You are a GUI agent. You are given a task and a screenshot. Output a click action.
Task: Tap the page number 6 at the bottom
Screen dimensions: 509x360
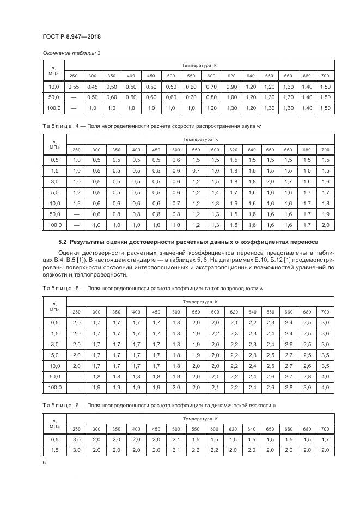click(x=43, y=463)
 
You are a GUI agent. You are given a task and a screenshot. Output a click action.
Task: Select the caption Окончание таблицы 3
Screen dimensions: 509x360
click(x=71, y=53)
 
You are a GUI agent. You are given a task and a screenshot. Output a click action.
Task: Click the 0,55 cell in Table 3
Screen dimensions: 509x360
click(x=74, y=87)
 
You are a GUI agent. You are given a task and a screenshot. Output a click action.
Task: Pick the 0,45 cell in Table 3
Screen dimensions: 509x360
click(x=93, y=87)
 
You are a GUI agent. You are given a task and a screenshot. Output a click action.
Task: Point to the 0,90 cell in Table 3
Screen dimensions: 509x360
click(x=231, y=87)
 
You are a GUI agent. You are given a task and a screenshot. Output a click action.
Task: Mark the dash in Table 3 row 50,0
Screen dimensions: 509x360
click(x=74, y=97)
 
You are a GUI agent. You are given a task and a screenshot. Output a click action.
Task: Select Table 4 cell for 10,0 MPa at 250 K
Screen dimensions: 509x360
click(x=76, y=203)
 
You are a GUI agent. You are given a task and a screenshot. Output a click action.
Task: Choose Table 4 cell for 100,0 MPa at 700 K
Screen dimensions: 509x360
click(x=325, y=225)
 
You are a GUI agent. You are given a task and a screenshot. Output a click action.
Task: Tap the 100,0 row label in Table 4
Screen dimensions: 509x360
click(x=54, y=225)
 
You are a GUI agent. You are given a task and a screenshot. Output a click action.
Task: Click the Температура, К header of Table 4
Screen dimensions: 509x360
click(x=200, y=140)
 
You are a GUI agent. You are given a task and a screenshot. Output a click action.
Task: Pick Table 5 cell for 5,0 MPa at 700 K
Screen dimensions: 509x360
click(x=325, y=355)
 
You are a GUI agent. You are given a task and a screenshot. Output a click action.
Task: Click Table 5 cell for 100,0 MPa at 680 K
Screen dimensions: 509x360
click(x=307, y=388)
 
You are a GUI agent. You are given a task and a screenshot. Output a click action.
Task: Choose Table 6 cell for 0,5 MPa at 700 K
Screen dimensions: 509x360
click(x=325, y=439)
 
